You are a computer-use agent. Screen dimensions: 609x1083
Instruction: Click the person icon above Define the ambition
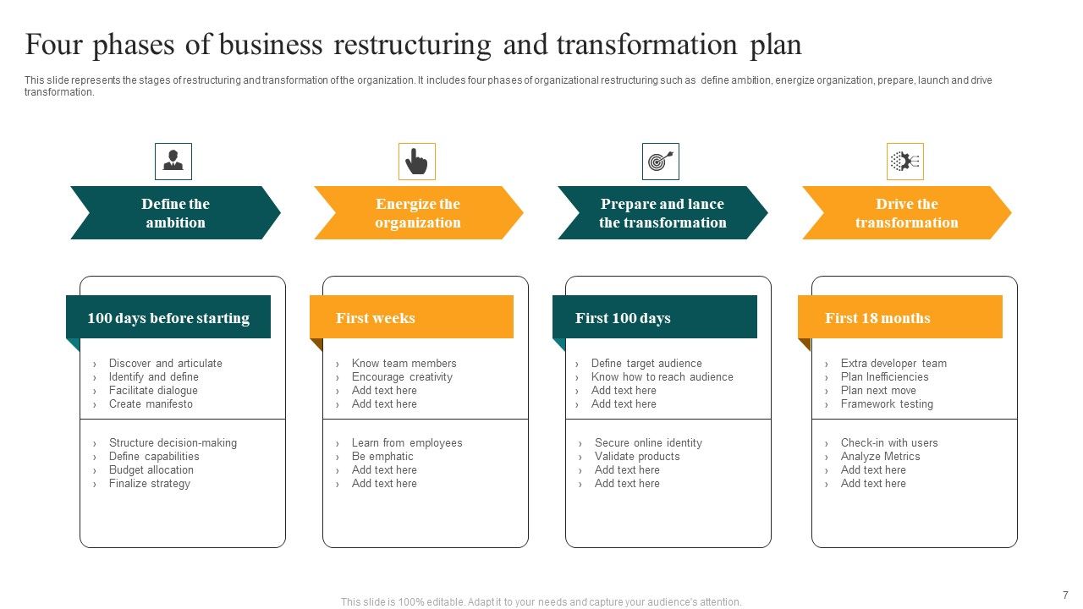pyautogui.click(x=173, y=161)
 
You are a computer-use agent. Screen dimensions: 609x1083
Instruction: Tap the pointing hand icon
pyautogui.click(x=416, y=161)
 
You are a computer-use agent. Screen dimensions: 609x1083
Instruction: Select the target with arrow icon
pyautogui.click(x=660, y=161)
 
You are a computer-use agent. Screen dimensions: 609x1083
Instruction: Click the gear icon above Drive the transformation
pyautogui.click(x=904, y=161)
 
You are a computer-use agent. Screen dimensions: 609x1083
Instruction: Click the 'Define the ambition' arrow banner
pyautogui.click(x=175, y=213)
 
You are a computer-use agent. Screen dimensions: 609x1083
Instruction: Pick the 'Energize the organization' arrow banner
pyautogui.click(x=418, y=213)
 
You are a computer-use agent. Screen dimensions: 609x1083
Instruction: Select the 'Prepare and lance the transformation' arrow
pyautogui.click(x=662, y=213)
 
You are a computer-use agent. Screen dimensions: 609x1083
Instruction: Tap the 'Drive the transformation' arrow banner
pyautogui.click(x=906, y=213)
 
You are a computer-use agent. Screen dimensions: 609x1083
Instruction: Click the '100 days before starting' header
pyautogui.click(x=168, y=318)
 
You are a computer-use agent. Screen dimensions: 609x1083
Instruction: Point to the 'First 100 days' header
pyautogui.click(x=623, y=318)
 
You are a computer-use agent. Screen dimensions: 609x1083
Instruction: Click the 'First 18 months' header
pyautogui.click(x=877, y=318)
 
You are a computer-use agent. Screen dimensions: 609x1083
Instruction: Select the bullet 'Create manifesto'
pyautogui.click(x=151, y=404)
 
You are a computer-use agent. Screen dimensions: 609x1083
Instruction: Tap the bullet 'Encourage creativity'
pyautogui.click(x=402, y=377)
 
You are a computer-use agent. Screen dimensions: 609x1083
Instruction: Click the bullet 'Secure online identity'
pyautogui.click(x=648, y=443)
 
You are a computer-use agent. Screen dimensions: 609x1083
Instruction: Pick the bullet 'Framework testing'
pyautogui.click(x=887, y=404)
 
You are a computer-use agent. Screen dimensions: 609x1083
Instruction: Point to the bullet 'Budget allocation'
pyautogui.click(x=151, y=470)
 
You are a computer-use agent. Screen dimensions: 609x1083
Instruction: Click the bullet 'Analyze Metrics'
pyautogui.click(x=880, y=457)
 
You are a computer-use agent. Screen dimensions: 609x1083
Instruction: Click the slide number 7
pyautogui.click(x=1065, y=595)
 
